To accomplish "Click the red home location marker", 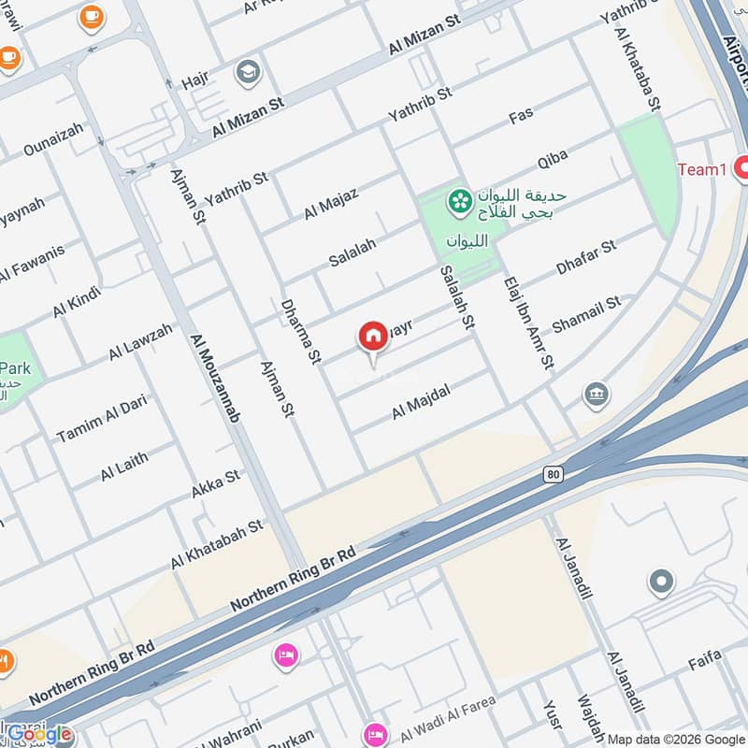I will [373, 338].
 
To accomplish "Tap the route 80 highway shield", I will [553, 475].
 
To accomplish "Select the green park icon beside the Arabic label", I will [459, 200].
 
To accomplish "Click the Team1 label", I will [701, 169].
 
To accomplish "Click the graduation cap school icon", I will [248, 72].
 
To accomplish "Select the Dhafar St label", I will [586, 257].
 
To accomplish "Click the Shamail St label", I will [586, 312].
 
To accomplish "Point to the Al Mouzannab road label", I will [213, 377].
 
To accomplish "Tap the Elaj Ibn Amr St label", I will [529, 323].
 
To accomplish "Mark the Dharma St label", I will [300, 331].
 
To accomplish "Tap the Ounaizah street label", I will [53, 139].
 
